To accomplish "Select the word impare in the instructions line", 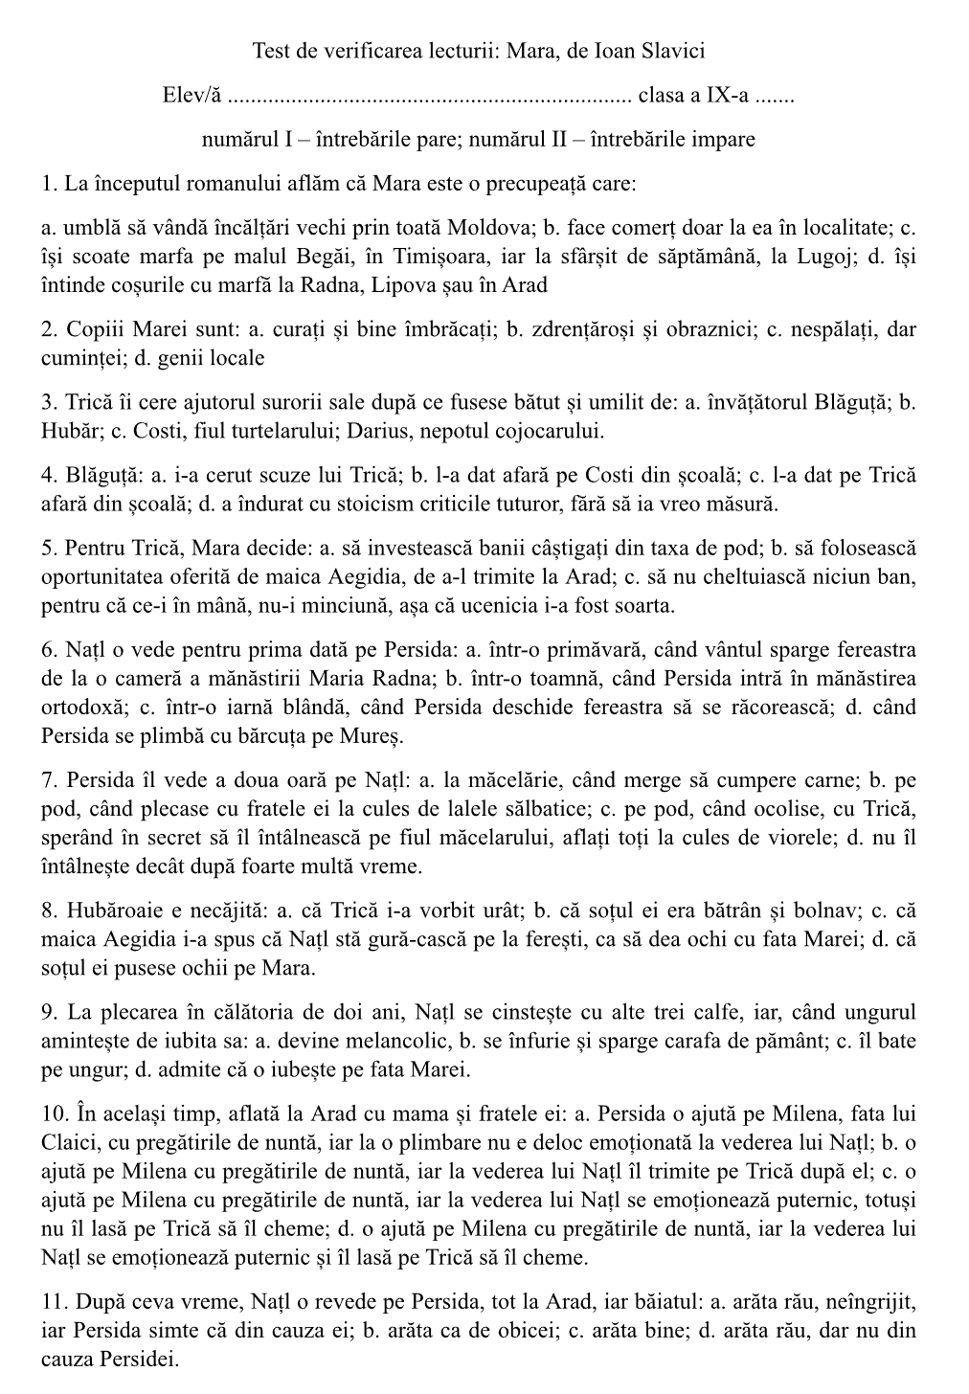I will point(724,140).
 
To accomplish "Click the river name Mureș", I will point(373,736).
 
